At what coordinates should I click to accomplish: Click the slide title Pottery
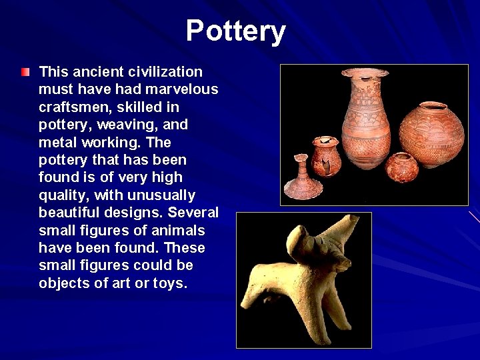point(236,31)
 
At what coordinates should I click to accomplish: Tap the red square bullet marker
point(25,71)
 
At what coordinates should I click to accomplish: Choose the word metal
point(58,142)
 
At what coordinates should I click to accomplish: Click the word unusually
point(165,195)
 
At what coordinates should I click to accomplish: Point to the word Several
point(193,213)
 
